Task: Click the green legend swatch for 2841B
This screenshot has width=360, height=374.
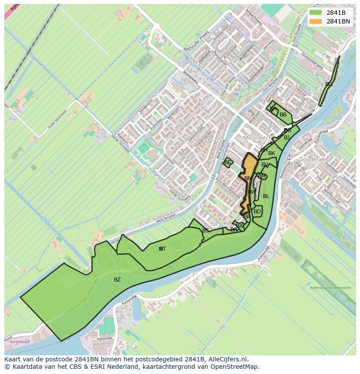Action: coord(316,13)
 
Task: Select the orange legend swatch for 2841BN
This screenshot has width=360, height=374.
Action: coord(316,21)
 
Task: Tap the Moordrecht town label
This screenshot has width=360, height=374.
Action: coord(257,138)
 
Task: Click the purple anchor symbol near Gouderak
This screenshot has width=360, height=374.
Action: coord(289,157)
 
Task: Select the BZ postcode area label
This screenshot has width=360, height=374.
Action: coord(117,280)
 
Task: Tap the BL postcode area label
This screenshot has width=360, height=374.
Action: coord(266,196)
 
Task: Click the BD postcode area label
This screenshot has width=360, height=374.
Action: coord(257,212)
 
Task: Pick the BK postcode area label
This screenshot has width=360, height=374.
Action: coord(272,153)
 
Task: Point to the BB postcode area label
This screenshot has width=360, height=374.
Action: coord(283,115)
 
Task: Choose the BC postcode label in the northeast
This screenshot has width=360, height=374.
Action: coord(329,84)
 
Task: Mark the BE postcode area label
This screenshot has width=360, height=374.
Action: coord(227,162)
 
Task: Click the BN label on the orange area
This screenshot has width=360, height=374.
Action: coord(248,179)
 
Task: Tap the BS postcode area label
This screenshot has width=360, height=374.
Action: coord(206,230)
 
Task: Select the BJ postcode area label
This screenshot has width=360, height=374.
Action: coord(287,138)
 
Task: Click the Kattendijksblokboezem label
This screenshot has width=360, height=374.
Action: coord(330,288)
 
